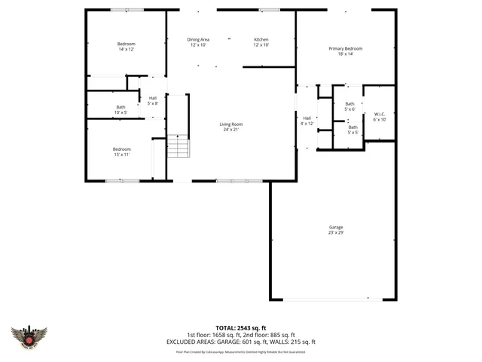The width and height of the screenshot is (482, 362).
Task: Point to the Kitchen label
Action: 261,39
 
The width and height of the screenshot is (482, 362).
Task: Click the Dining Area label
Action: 198,39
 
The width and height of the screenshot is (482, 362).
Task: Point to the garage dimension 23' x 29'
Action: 336,233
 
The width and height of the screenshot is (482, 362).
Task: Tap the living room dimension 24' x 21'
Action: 231,130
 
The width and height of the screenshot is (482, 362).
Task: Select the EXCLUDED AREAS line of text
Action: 240,341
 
